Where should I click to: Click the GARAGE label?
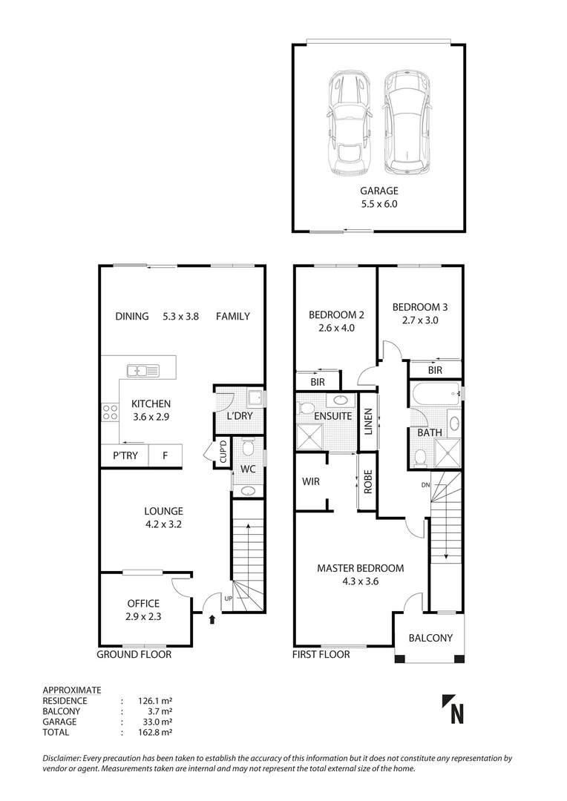[380, 191]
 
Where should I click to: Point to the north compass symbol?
[453, 708]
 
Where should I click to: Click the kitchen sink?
[142, 370]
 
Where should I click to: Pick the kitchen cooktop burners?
[110, 412]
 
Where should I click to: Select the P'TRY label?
[125, 455]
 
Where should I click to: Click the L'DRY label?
[240, 415]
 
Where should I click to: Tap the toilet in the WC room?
[248, 448]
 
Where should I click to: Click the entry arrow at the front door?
[212, 618]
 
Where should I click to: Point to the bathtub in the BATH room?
[434, 393]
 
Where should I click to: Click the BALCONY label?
[430, 638]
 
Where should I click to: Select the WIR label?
[311, 481]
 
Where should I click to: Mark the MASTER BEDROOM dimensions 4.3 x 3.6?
[360, 581]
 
